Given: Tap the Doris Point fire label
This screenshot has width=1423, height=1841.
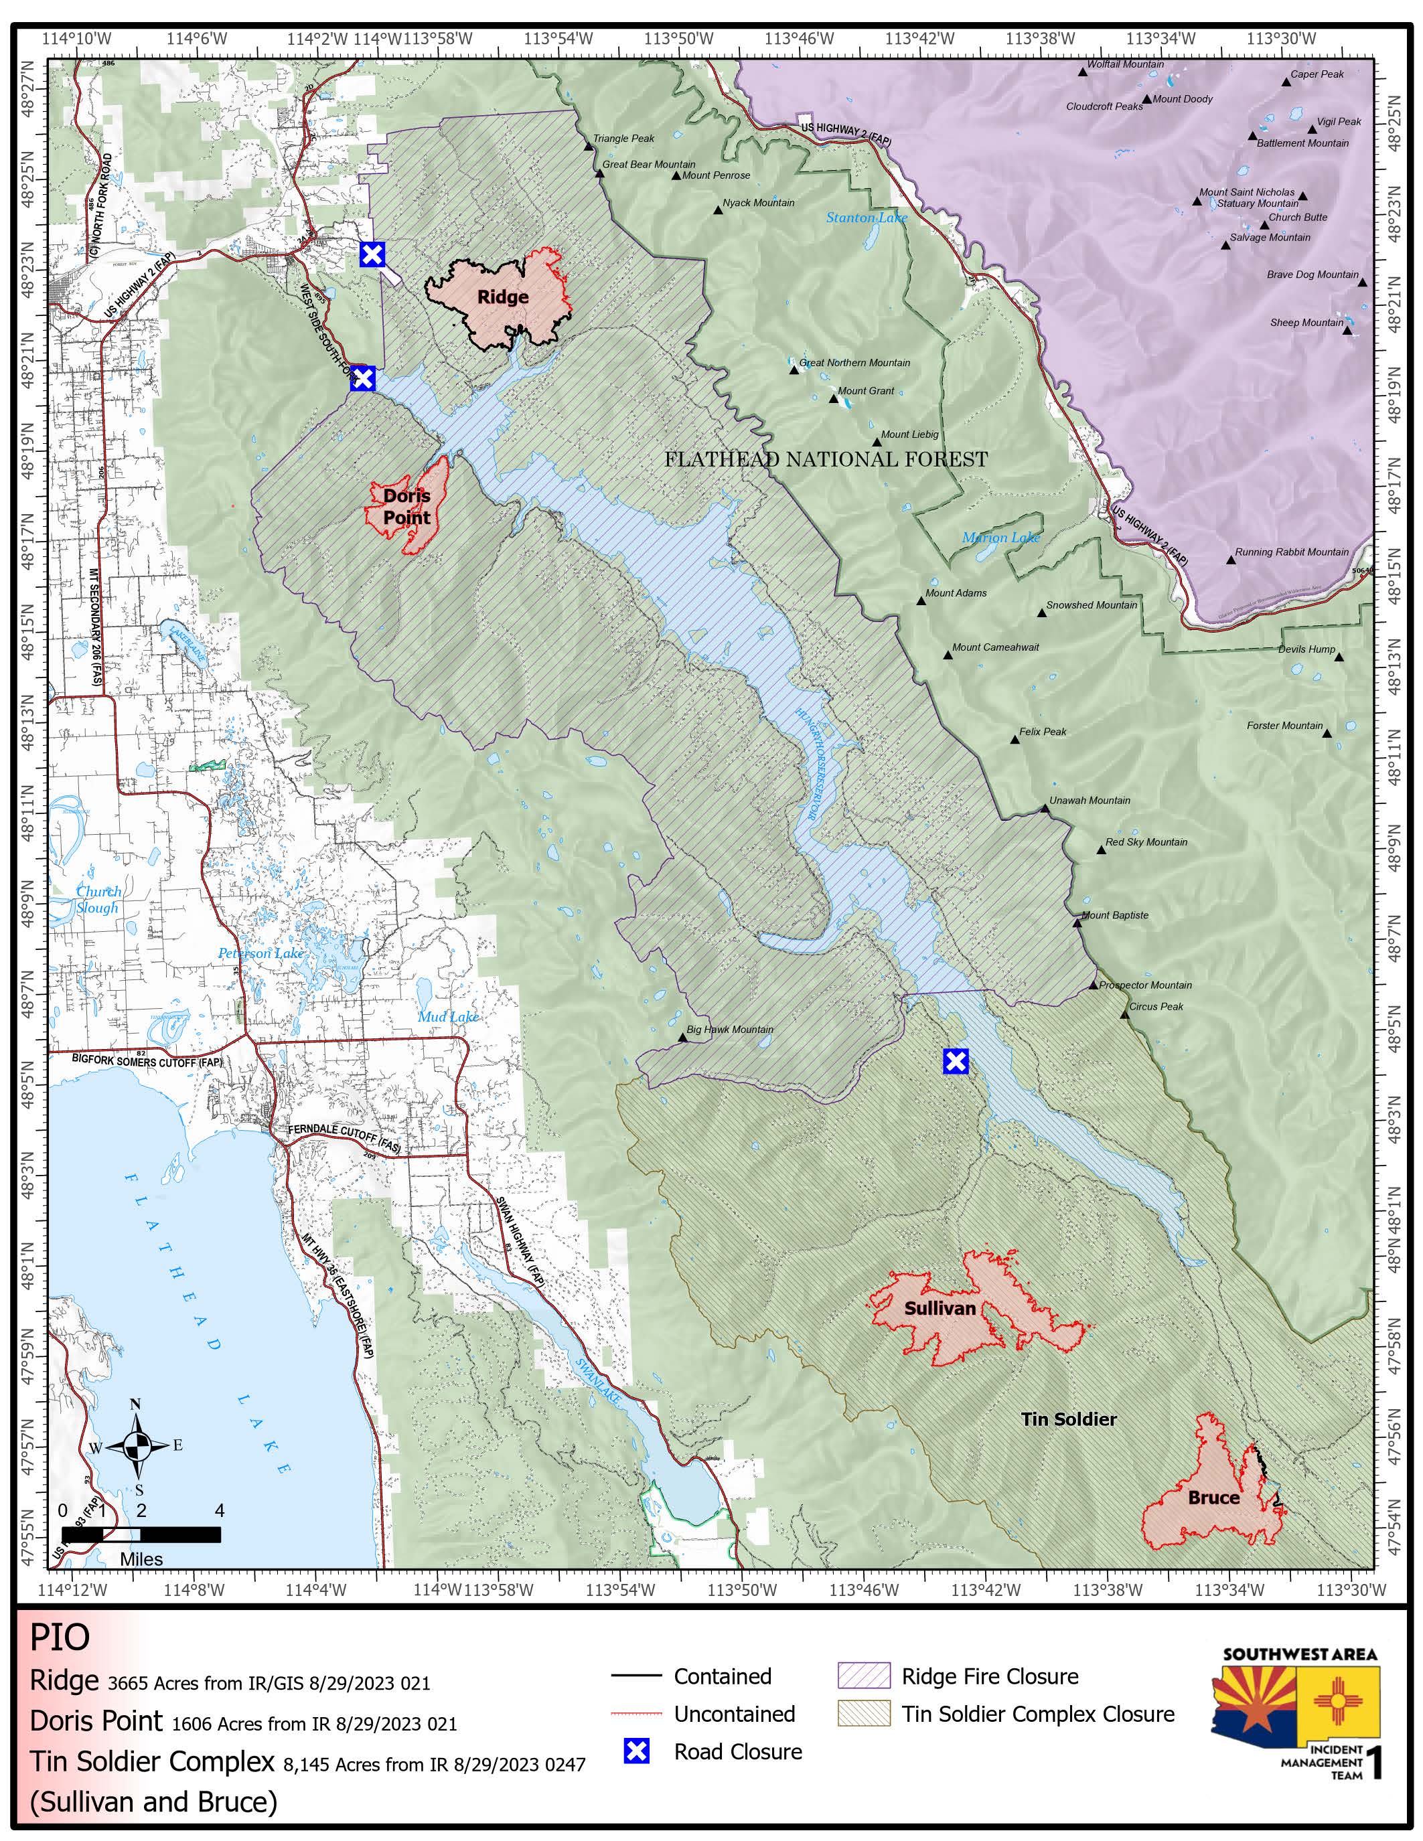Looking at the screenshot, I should click(x=406, y=507).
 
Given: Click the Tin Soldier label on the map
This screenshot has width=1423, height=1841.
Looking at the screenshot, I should click(x=1068, y=1419).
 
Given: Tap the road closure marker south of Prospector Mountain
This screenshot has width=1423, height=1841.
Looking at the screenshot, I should click(x=954, y=1061).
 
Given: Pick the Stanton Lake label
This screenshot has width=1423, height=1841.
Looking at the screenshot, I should click(x=866, y=218).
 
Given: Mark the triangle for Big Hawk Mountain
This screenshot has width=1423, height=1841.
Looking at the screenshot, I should click(x=683, y=1038).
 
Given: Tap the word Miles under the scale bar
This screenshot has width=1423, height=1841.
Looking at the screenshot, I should click(x=141, y=1559).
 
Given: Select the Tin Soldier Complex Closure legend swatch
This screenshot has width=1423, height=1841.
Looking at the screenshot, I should click(x=863, y=1714).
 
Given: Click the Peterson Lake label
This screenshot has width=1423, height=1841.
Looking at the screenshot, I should click(x=260, y=953).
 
